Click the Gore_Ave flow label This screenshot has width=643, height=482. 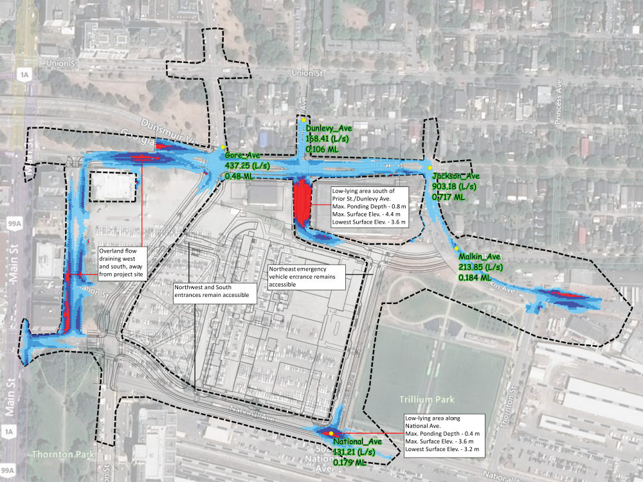[x=242, y=156]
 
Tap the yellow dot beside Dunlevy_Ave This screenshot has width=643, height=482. [x=303, y=120]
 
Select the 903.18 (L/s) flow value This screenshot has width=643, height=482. [x=454, y=186]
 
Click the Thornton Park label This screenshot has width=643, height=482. [x=61, y=455]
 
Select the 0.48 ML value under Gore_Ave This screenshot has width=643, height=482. [x=239, y=175]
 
